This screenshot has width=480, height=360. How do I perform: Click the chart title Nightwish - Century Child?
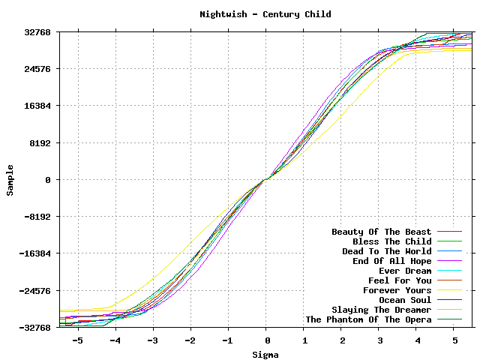click(265, 14)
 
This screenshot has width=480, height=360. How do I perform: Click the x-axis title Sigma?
click(265, 355)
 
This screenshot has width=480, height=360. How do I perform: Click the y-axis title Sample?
click(10, 180)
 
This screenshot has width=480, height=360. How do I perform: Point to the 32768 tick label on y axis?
click(36, 32)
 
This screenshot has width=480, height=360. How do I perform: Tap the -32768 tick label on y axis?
click(34, 328)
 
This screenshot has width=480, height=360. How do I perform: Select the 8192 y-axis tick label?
click(39, 143)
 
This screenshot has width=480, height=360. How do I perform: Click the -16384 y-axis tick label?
click(34, 253)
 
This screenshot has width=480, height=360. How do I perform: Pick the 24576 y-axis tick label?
click(36, 69)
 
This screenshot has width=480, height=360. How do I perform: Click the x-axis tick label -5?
click(77, 340)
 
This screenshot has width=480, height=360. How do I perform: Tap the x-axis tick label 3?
click(379, 340)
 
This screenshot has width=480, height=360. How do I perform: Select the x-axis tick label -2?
click(190, 340)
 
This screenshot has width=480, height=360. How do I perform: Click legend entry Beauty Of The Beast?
click(382, 232)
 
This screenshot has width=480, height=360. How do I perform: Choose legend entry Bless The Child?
click(391, 241)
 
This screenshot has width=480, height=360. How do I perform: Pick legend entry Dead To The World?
click(386, 251)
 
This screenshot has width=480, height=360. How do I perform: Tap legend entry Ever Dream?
click(405, 271)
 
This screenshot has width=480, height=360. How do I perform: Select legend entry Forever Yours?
click(397, 290)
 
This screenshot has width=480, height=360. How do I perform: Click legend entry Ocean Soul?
click(405, 300)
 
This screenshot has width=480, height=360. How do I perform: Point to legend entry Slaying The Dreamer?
click(381, 310)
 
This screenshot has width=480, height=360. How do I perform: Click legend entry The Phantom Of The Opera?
click(368, 319)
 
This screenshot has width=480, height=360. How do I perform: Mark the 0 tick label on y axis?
click(47, 180)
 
